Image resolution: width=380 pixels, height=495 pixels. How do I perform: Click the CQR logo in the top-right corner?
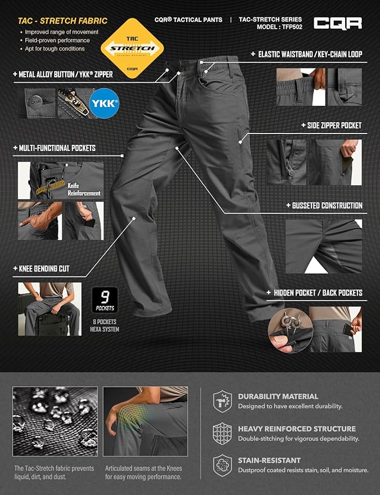pyautogui.click(x=337, y=23)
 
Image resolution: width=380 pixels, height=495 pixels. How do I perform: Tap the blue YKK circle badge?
pyautogui.click(x=104, y=104)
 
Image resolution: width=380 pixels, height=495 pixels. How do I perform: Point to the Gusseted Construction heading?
pyautogui.click(x=327, y=206)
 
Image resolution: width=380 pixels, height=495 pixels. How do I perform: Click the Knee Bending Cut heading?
pyautogui.click(x=44, y=269)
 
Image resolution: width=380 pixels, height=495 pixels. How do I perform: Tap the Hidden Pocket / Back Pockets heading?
pyautogui.click(x=318, y=293)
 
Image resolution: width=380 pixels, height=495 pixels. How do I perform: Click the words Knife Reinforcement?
pyautogui.click(x=84, y=189)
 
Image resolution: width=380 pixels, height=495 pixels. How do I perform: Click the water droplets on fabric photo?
pyautogui.click(x=55, y=422)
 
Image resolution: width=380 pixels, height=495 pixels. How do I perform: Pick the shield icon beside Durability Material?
pyautogui.click(x=223, y=400)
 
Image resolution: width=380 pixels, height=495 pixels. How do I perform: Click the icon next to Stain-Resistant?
pyautogui.click(x=223, y=465)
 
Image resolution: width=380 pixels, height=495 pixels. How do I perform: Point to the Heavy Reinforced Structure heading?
pyautogui.click(x=297, y=429)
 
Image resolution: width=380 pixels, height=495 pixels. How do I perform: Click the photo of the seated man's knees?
pyautogui.click(x=49, y=309)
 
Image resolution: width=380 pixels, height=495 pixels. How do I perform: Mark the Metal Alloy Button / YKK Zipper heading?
pyautogui.click(x=66, y=74)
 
